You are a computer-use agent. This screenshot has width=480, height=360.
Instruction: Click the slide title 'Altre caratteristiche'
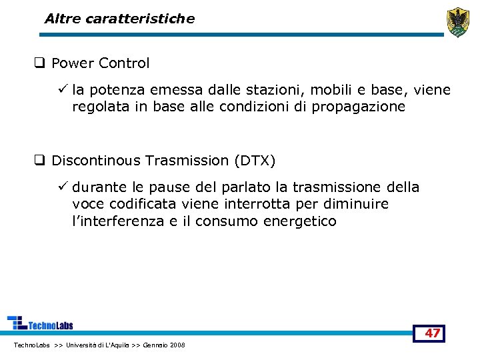click(119, 19)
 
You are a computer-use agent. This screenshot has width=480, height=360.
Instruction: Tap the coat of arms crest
click(458, 22)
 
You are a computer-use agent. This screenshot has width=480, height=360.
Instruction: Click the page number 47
click(433, 333)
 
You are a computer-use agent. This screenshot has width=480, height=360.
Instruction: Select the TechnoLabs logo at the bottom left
click(40, 323)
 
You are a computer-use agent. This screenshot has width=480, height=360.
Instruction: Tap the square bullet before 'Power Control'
click(40, 64)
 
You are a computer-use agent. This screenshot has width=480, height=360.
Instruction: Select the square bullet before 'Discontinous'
click(40, 161)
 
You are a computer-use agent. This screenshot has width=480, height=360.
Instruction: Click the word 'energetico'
click(302, 221)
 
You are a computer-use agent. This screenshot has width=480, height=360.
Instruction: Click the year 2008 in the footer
click(177, 345)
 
